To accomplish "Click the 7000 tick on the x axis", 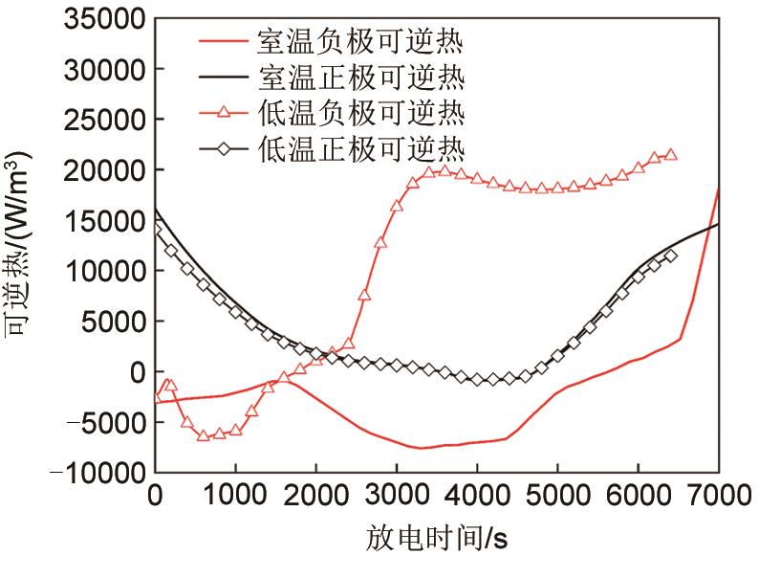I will [718, 497].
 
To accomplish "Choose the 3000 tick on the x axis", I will [396, 497].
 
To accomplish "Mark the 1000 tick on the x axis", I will [235, 497].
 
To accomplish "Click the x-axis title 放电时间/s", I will [437, 542].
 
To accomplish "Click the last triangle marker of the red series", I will [671, 154].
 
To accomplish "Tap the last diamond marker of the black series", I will [671, 256].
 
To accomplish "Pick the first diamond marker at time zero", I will [156, 230].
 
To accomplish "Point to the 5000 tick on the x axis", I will [557, 497].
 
